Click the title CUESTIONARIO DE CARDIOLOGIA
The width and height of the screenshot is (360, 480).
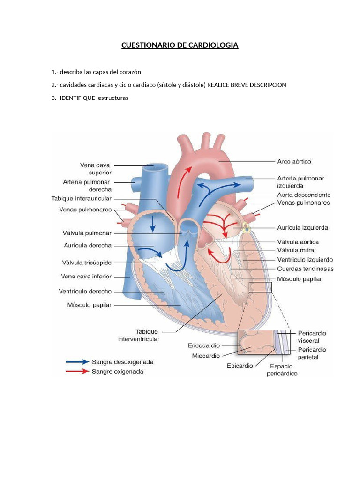(x=180, y=45)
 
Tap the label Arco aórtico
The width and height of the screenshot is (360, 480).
(x=294, y=161)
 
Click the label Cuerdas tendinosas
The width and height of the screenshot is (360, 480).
(x=305, y=269)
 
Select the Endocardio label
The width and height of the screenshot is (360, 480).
(x=204, y=345)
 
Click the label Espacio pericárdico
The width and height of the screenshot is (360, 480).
(x=282, y=370)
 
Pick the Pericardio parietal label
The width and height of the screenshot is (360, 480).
(x=312, y=353)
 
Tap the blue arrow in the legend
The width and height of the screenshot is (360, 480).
(x=77, y=362)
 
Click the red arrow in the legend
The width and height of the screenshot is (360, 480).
(x=77, y=372)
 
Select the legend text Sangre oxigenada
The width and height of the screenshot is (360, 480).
(x=118, y=372)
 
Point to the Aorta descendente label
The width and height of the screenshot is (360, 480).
(x=304, y=195)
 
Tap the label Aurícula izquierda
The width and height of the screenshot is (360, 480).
(x=302, y=228)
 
